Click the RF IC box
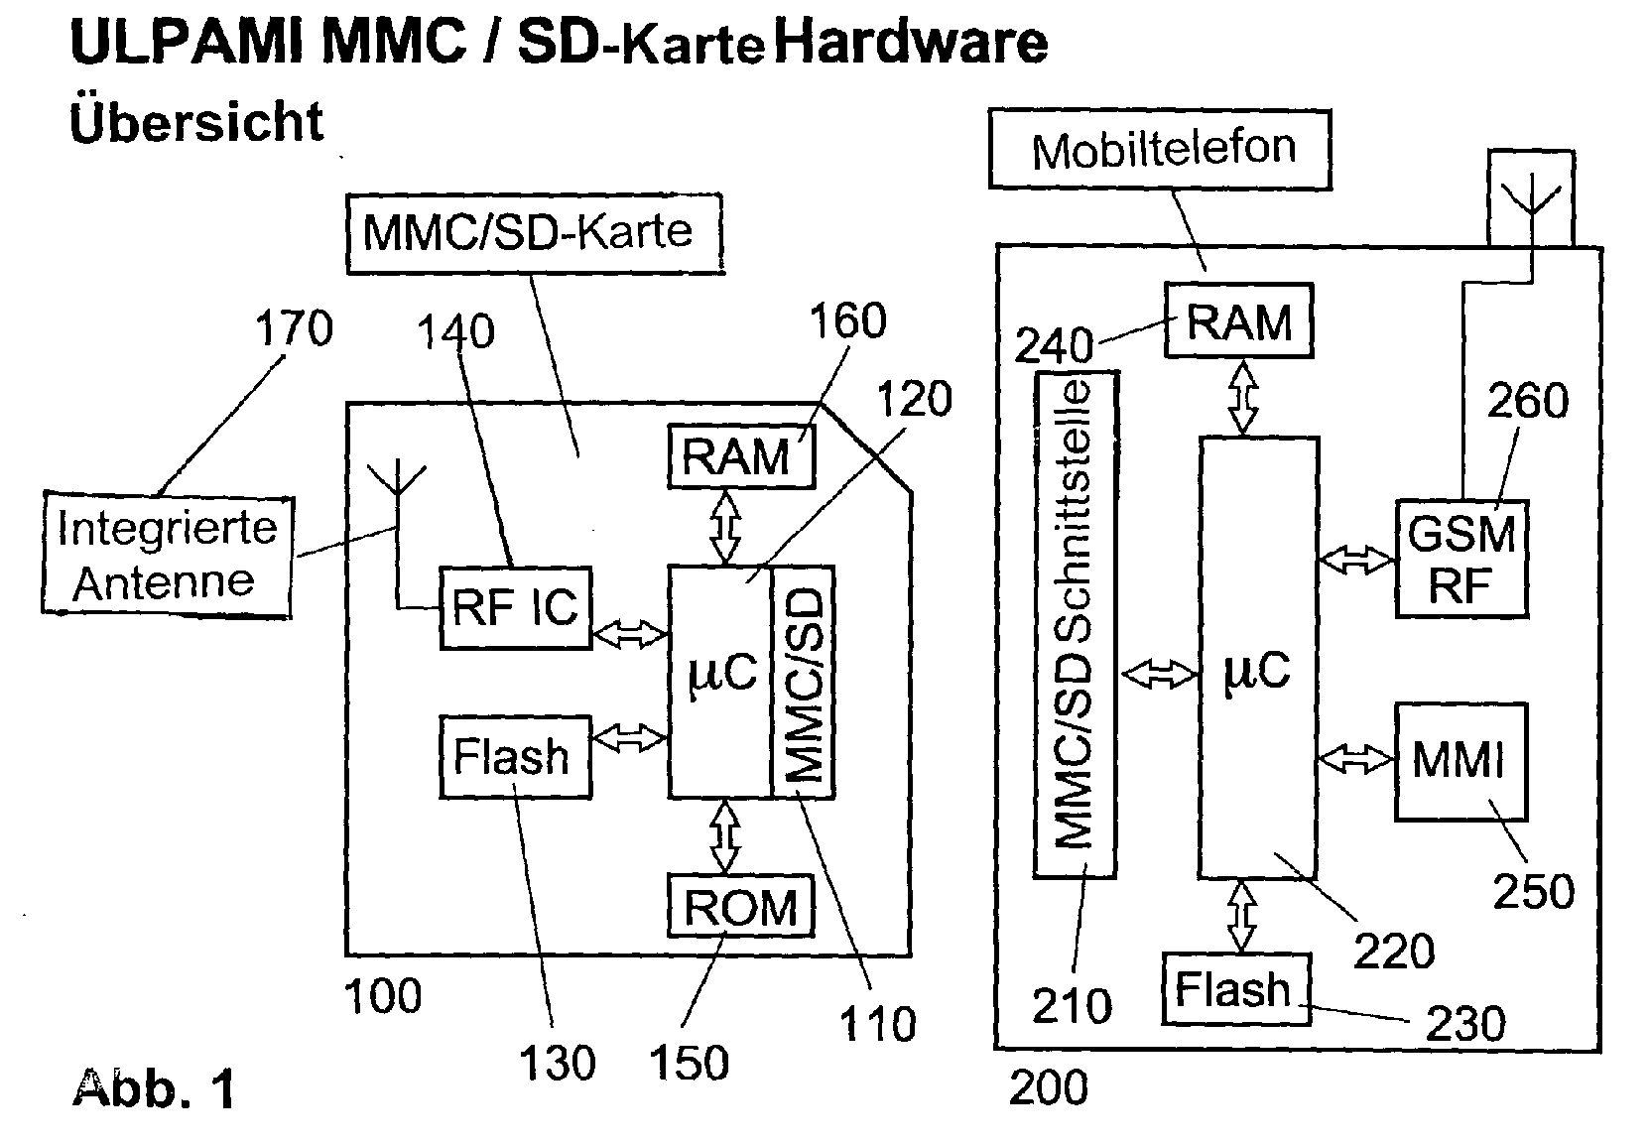[x=515, y=608]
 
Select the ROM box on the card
[x=741, y=906]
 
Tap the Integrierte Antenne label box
[x=168, y=556]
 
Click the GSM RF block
[x=1461, y=559]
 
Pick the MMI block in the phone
[x=1460, y=762]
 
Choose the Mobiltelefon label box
[x=1160, y=150]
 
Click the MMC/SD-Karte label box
[x=535, y=234]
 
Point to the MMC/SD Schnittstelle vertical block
[x=1077, y=624]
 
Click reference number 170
[x=294, y=328]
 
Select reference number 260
[x=1528, y=400]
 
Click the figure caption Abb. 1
[x=155, y=1088]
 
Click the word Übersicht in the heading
[x=196, y=121]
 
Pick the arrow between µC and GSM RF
[x=1357, y=560]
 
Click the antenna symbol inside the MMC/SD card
[x=397, y=478]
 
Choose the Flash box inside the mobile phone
[x=1236, y=988]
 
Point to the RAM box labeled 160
[x=741, y=455]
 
